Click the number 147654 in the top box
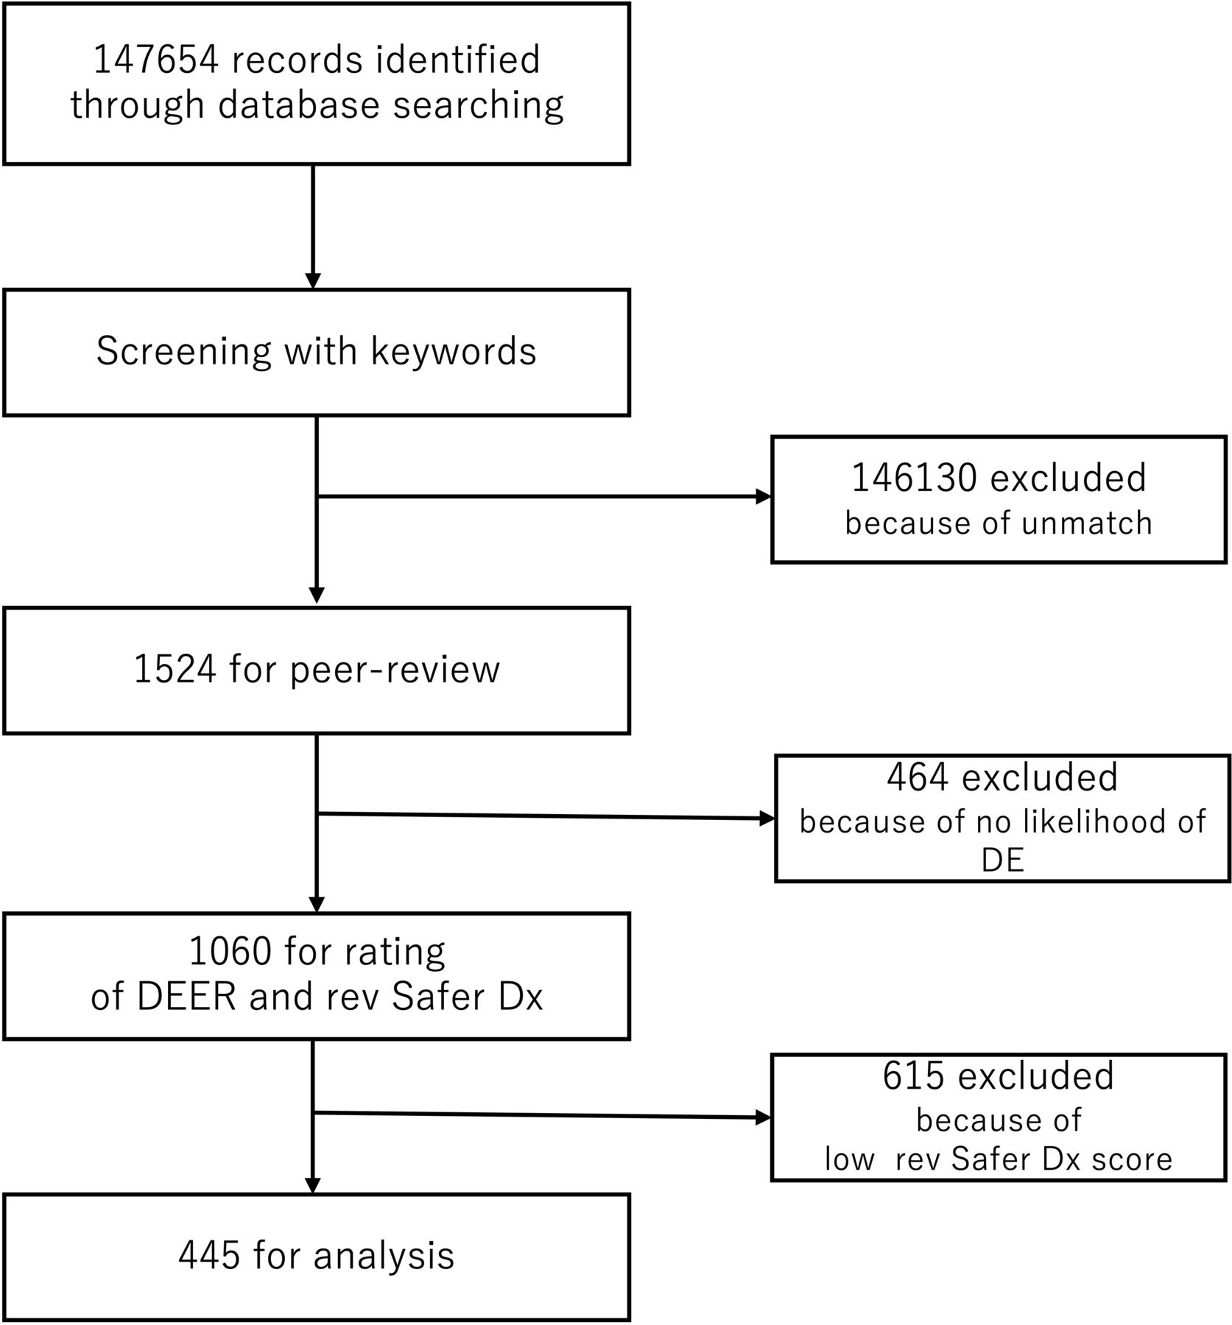(x=155, y=59)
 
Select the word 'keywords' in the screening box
(x=453, y=350)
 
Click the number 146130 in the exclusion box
(x=914, y=478)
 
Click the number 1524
(x=175, y=669)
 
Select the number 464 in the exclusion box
(x=918, y=777)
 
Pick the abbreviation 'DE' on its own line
(x=1002, y=861)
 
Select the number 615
(x=913, y=1075)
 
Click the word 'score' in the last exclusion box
(x=1132, y=1159)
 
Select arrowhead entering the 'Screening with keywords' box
(x=313, y=281)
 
